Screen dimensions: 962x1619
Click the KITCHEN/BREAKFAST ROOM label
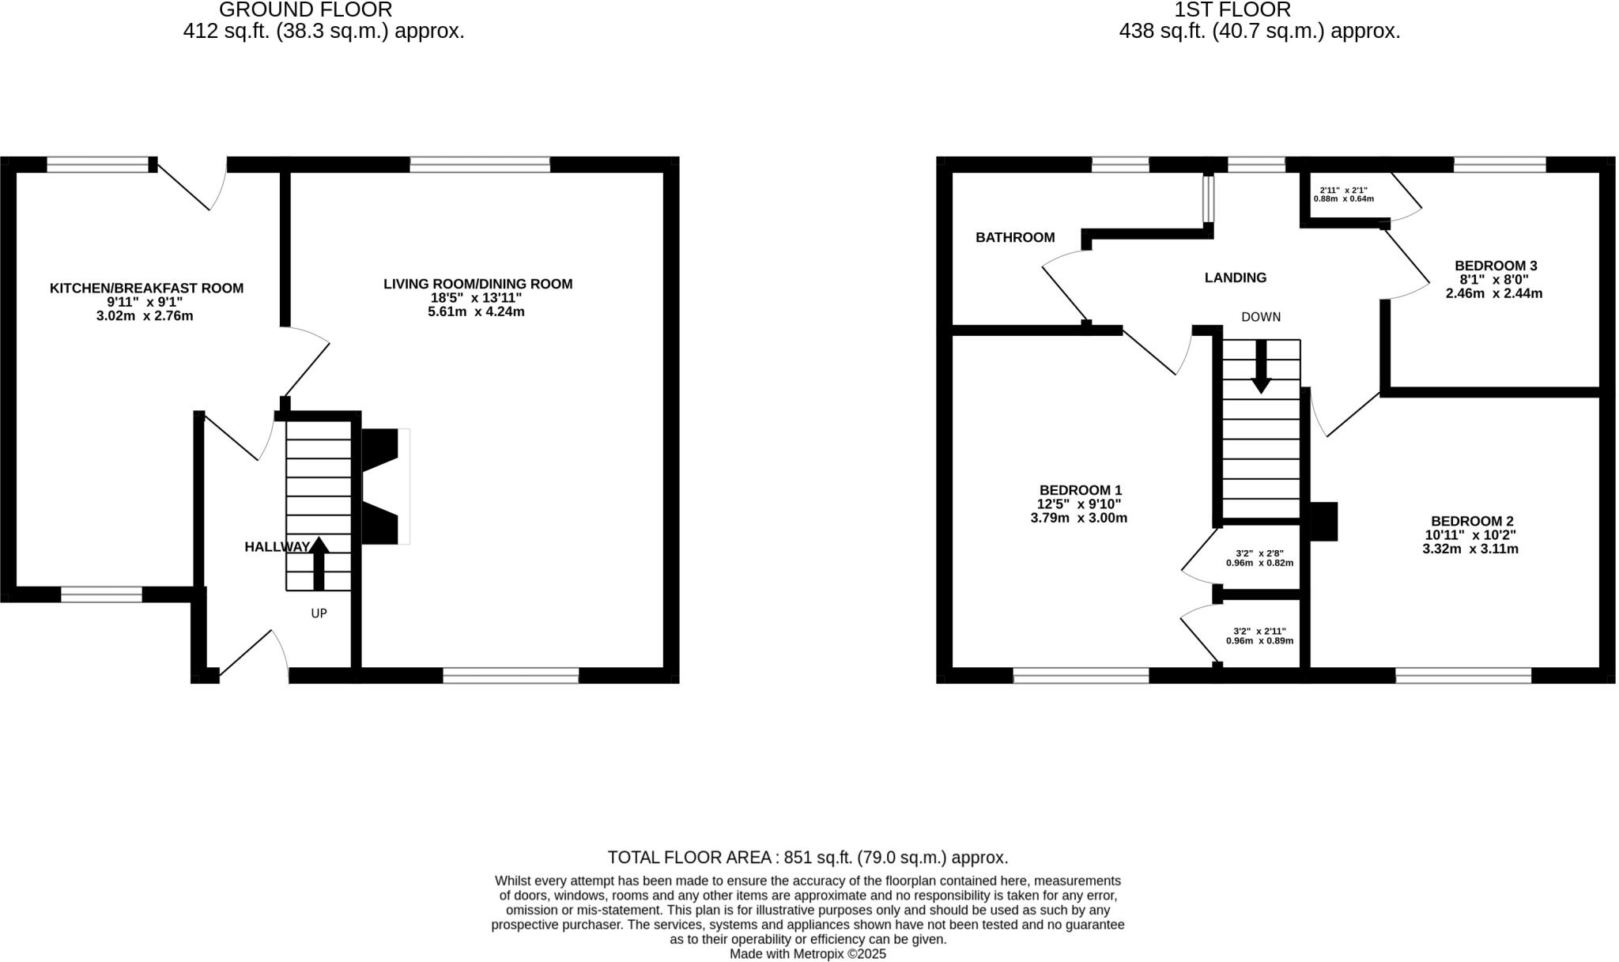pos(146,289)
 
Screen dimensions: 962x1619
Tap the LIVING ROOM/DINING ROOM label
pos(477,284)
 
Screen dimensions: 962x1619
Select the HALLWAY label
pos(277,547)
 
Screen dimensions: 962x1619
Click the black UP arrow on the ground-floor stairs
pos(319,563)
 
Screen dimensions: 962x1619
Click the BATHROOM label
pos(1014,237)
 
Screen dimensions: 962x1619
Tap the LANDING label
pos(1235,277)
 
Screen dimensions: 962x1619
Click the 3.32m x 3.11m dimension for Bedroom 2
pos(1470,549)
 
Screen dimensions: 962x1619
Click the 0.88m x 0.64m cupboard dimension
pos(1343,198)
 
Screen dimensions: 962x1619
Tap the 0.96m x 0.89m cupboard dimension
pos(1259,640)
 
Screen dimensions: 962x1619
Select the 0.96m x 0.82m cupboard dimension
pos(1259,563)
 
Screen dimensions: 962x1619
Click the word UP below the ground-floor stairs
pos(319,613)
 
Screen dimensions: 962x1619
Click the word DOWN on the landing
pos(1260,317)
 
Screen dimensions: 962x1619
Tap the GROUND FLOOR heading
pos(305,10)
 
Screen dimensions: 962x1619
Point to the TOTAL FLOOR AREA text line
pos(807,858)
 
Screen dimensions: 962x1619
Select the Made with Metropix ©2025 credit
pos(807,954)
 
